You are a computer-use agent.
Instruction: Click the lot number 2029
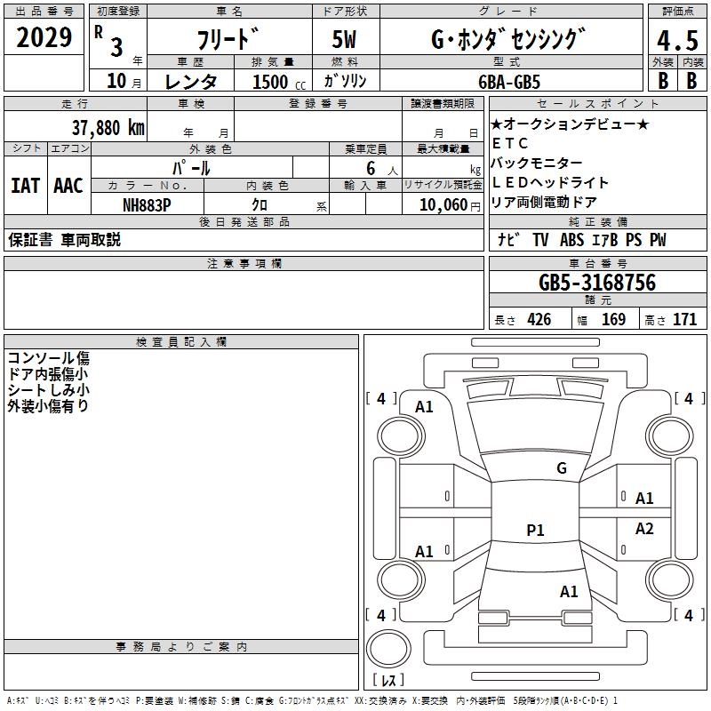click(44, 37)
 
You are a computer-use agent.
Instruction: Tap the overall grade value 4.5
click(675, 41)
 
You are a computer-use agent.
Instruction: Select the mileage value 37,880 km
click(108, 127)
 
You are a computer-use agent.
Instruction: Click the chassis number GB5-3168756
click(597, 283)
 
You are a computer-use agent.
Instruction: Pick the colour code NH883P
click(147, 204)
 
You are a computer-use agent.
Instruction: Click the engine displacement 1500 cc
click(276, 81)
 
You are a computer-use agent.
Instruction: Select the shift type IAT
click(25, 185)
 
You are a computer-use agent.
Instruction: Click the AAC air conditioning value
click(68, 185)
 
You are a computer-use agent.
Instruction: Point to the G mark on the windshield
click(562, 467)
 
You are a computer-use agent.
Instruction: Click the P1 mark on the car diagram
click(535, 531)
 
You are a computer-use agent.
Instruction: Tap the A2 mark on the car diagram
click(644, 529)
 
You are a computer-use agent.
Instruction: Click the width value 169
click(613, 320)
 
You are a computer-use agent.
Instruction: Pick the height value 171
click(684, 320)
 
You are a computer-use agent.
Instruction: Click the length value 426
click(539, 320)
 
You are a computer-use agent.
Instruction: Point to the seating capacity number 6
click(368, 168)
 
